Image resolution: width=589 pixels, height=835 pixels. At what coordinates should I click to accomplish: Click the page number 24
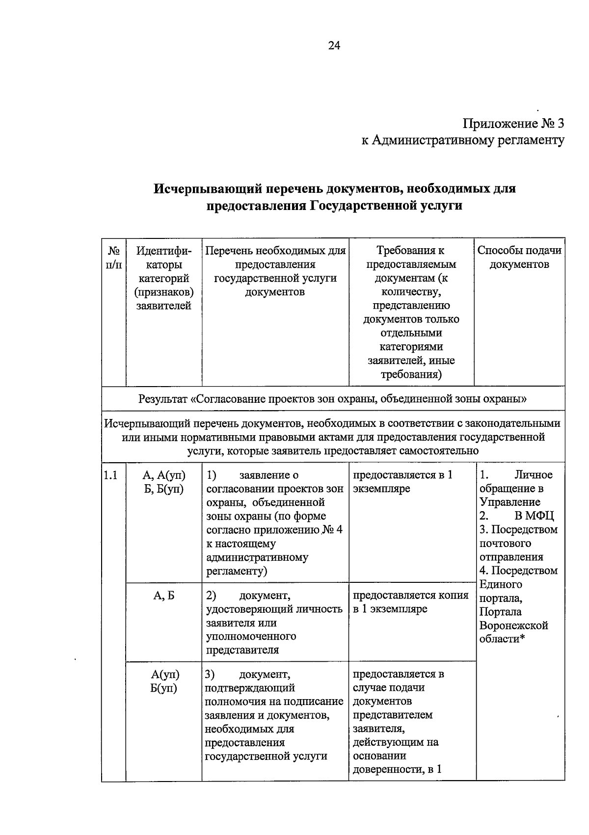click(334, 46)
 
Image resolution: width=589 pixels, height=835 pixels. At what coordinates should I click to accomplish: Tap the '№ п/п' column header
click(113, 258)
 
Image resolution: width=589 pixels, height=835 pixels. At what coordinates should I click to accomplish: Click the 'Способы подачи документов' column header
click(519, 258)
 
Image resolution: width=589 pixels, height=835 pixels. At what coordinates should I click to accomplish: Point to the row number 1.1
click(110, 475)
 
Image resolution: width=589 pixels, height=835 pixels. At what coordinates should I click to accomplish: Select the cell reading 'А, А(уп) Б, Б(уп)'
click(164, 482)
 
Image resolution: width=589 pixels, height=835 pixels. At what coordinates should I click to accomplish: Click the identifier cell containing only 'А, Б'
click(164, 595)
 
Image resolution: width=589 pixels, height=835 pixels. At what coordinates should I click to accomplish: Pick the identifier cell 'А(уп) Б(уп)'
click(164, 681)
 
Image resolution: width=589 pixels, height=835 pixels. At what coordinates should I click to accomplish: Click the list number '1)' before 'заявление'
click(212, 475)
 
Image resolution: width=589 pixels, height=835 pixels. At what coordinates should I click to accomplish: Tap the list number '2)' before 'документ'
click(212, 595)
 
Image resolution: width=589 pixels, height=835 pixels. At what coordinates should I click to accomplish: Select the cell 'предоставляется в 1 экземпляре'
click(402, 482)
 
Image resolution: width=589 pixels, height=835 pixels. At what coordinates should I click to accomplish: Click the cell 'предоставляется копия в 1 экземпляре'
click(411, 602)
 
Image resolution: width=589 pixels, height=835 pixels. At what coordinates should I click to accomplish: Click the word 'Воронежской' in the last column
click(513, 626)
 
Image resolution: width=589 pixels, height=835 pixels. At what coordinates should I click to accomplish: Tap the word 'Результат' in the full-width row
click(162, 398)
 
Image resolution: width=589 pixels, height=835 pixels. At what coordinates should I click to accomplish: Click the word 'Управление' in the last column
click(510, 502)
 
